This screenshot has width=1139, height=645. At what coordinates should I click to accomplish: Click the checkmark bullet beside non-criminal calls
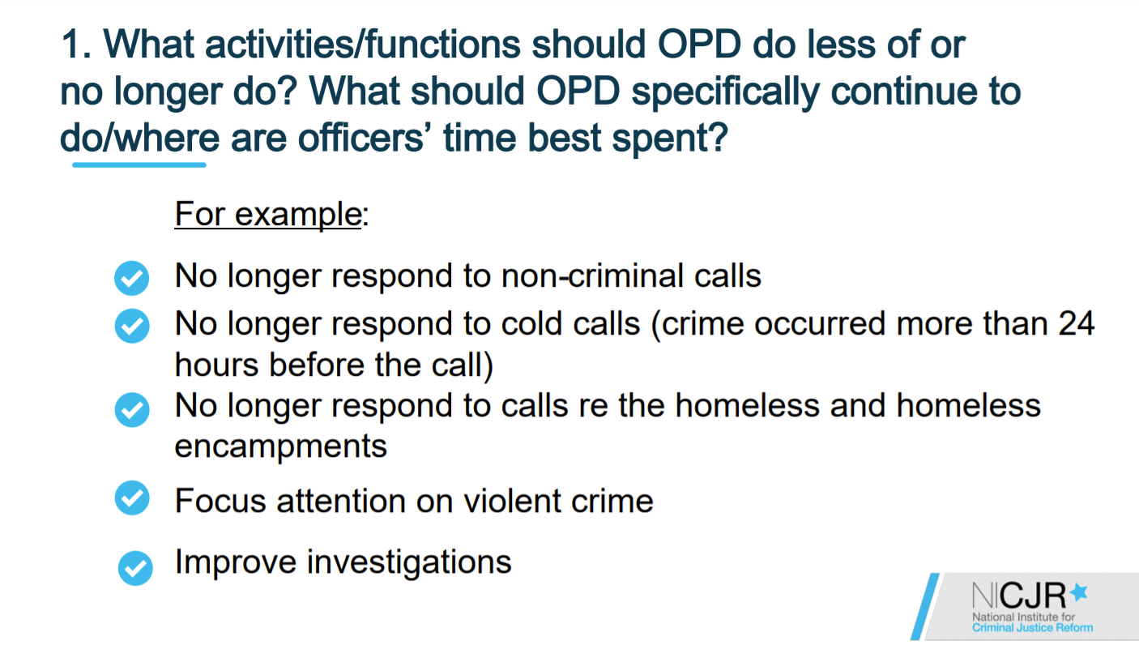coord(132,278)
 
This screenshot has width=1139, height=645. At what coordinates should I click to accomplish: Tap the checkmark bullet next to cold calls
coord(132,326)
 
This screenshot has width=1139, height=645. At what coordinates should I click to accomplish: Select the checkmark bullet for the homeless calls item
coord(132,409)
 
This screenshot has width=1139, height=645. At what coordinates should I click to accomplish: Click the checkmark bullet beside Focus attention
coord(132,498)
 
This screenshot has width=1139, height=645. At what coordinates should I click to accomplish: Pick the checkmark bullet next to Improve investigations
coord(135,568)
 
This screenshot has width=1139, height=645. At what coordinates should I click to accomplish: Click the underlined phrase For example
coord(268,214)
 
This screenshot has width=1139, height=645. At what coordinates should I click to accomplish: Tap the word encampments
coord(280,446)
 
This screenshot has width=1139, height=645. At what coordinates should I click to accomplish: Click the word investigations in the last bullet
coord(409,562)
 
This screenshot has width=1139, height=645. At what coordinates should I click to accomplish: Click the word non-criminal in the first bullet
coord(592,276)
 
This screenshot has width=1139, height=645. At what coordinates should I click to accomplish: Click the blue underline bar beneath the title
coord(139,164)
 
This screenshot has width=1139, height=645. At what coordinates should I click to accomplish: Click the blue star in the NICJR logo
coord(1078,592)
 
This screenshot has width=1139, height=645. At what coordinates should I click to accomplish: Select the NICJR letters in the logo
coord(1019,595)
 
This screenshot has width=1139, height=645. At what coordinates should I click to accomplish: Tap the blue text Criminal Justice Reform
coord(1032,628)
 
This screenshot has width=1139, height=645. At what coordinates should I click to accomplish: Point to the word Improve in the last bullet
coord(236,562)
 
